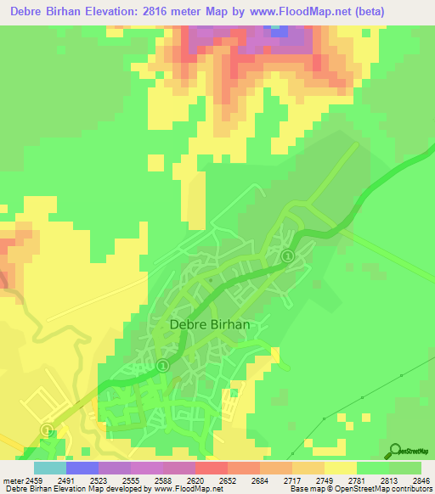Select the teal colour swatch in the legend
tap(49, 468)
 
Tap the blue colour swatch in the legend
tap(82, 468)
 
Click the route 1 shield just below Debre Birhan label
tap(164, 365)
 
